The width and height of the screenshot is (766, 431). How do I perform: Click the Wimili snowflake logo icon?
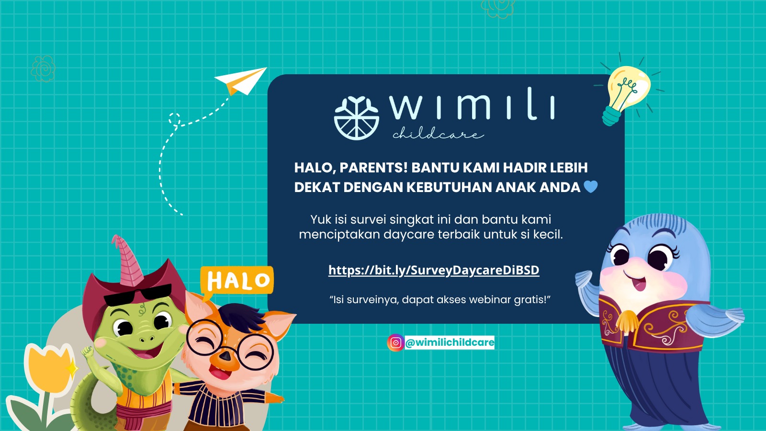click(356, 118)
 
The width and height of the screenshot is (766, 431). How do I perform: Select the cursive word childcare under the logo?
click(438, 134)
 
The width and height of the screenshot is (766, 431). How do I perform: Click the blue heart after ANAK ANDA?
click(591, 187)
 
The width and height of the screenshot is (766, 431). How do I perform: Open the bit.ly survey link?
click(434, 270)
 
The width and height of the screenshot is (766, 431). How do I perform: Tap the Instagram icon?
click(395, 342)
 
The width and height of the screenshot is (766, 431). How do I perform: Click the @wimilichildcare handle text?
click(450, 342)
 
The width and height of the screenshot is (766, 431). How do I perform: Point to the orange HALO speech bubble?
click(237, 281)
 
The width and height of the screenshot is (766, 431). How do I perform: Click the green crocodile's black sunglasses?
click(138, 295)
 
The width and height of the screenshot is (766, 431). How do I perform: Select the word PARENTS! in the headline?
click(373, 168)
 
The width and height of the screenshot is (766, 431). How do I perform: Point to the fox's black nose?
click(225, 356)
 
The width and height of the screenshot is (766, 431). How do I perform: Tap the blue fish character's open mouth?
click(638, 283)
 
